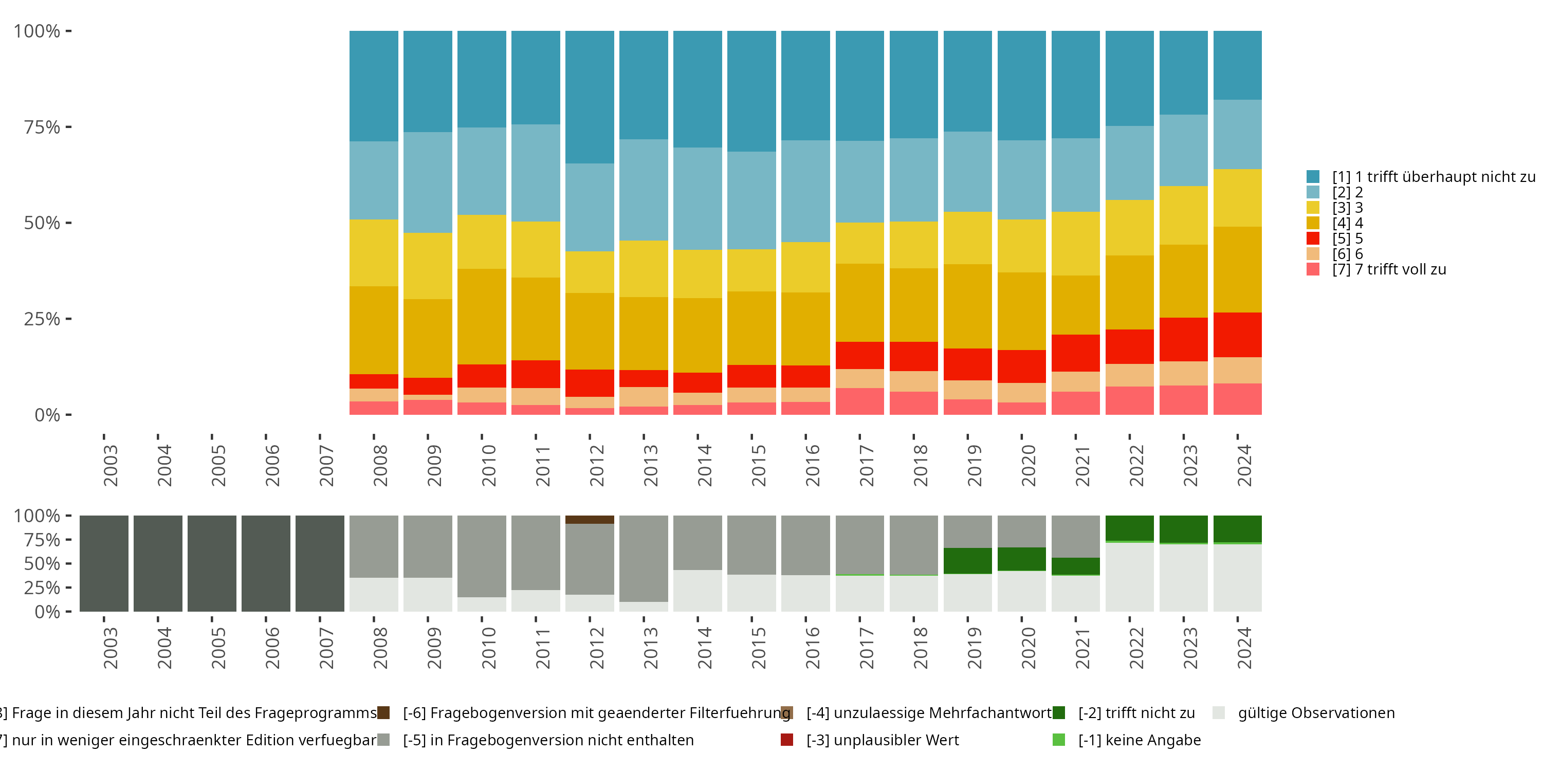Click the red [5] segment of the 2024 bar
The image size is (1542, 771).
point(1237,335)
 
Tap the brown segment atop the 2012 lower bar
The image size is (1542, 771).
point(590,520)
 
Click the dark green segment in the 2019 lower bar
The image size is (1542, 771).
point(967,561)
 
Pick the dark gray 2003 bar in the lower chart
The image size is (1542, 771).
point(103,563)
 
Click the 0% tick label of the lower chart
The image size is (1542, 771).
point(47,612)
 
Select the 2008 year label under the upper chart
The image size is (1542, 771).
point(379,466)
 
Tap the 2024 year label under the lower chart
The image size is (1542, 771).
point(1244,648)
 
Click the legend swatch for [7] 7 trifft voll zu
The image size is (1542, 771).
point(1313,269)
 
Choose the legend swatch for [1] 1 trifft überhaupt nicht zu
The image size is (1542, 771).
point(1313,177)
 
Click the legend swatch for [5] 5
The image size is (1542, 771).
point(1313,238)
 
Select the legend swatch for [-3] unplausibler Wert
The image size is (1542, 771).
point(786,740)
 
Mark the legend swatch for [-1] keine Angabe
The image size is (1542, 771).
point(1058,740)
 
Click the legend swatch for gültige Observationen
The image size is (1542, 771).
point(1218,713)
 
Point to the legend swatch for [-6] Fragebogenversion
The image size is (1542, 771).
point(383,713)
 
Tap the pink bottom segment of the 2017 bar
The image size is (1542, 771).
point(859,401)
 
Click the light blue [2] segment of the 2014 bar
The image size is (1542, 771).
point(697,199)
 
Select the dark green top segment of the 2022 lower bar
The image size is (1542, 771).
point(1130,528)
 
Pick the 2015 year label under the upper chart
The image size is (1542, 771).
point(758,466)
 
